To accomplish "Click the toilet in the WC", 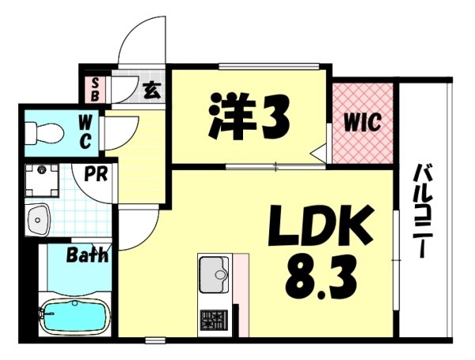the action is tap(44, 133).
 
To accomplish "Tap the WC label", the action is tap(85, 133).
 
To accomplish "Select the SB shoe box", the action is tap(95, 89).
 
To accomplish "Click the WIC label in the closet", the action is tap(362, 123).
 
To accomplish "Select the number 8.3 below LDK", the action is tap(321, 276).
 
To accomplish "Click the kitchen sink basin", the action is tap(214, 275).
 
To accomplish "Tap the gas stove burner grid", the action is tap(214, 320).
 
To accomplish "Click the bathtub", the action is tap(75, 316).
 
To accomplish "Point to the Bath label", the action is tap(87, 255).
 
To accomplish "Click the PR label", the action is tap(96, 174).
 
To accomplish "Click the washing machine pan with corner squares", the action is tap(42, 180).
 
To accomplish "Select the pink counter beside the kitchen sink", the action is tap(241, 295).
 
